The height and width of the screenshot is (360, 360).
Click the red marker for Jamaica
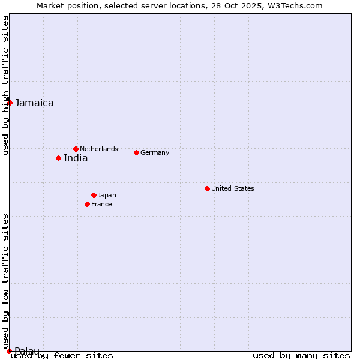(x=10, y=103)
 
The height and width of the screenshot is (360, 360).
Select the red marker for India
(x=58, y=158)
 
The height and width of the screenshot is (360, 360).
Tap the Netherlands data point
(x=76, y=149)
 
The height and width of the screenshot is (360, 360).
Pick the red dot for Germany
(x=136, y=152)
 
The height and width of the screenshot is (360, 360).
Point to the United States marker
(x=207, y=188)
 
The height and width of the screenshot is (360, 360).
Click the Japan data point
(x=94, y=195)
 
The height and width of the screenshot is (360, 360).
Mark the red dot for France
(x=87, y=204)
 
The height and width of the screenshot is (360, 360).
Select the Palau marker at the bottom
(x=9, y=351)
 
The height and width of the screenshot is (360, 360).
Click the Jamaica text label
(x=34, y=103)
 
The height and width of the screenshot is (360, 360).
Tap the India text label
(x=76, y=158)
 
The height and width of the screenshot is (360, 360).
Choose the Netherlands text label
(x=99, y=149)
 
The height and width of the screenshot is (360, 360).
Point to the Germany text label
(x=155, y=152)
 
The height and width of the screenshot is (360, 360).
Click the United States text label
(x=233, y=188)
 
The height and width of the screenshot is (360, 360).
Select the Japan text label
(x=107, y=195)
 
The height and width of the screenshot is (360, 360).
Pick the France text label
(x=101, y=204)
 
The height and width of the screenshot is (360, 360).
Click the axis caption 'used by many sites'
(x=301, y=356)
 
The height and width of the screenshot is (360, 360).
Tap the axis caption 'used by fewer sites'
(x=62, y=356)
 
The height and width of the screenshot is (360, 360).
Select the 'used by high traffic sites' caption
(x=5, y=85)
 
